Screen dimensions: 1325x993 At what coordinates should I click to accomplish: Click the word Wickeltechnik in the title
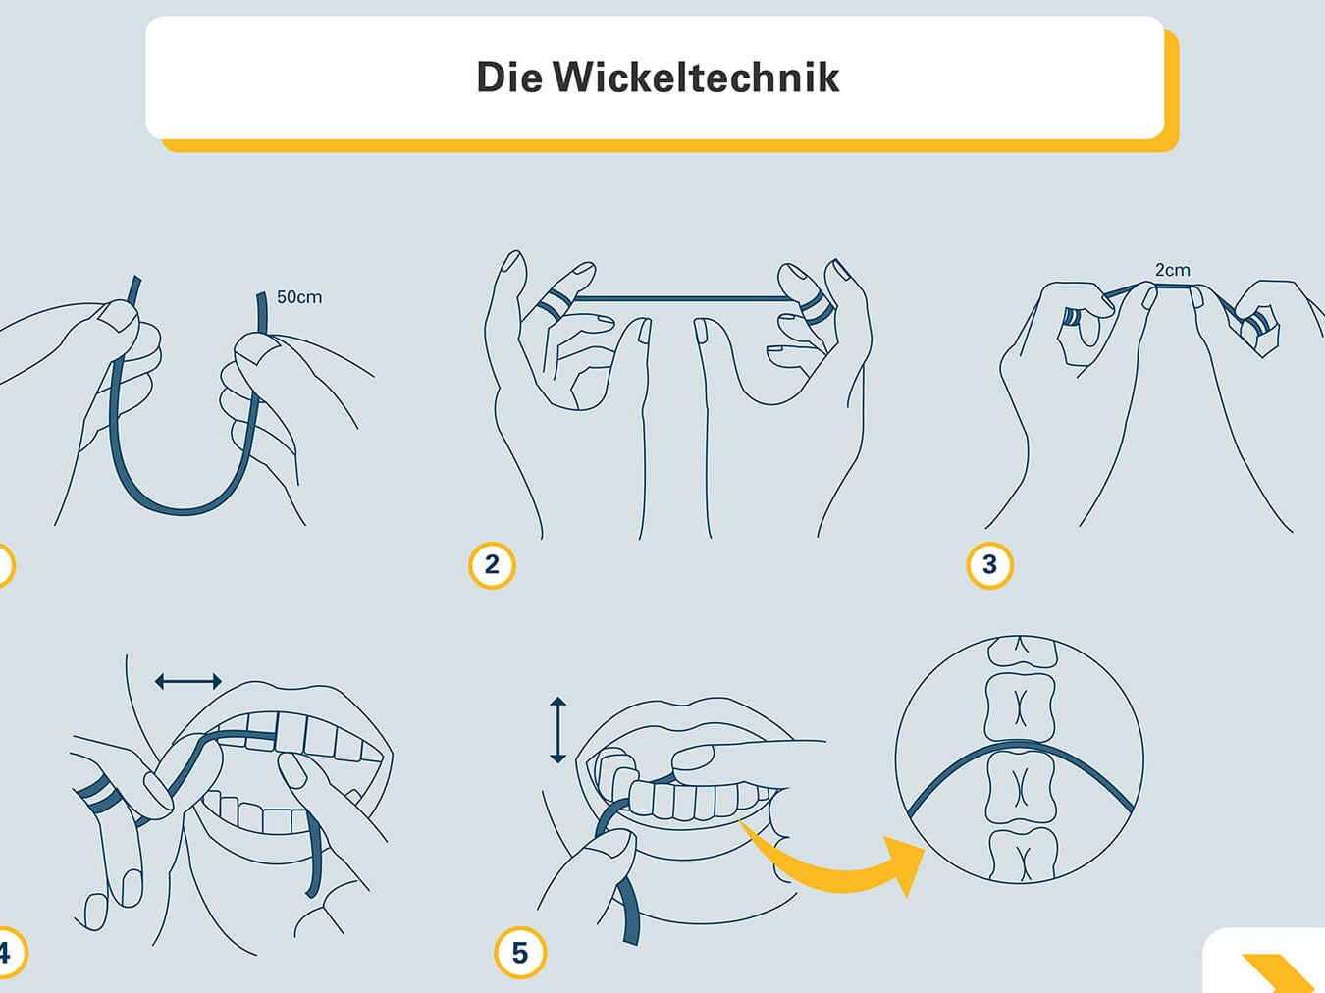coord(696,78)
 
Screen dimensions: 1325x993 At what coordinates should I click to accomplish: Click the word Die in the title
coord(509,78)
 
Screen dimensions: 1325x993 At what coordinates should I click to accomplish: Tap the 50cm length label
coord(299,296)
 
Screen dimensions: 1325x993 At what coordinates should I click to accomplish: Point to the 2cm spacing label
coord(1172,270)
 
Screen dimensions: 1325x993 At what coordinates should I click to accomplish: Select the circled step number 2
coord(492,565)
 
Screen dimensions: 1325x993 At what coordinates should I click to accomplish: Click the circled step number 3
coord(989,565)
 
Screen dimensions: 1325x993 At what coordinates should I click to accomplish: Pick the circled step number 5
coord(520,953)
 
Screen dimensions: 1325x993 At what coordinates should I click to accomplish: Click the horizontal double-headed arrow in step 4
coord(188,682)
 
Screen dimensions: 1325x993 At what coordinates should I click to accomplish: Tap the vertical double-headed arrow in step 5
coord(557,730)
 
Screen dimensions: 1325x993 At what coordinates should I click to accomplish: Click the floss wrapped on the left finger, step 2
coord(552,303)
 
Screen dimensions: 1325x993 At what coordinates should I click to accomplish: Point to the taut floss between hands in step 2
coord(684,298)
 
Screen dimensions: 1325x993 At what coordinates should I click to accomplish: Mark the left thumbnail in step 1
coord(119,314)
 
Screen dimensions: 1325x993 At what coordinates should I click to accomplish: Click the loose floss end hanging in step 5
coord(628,911)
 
